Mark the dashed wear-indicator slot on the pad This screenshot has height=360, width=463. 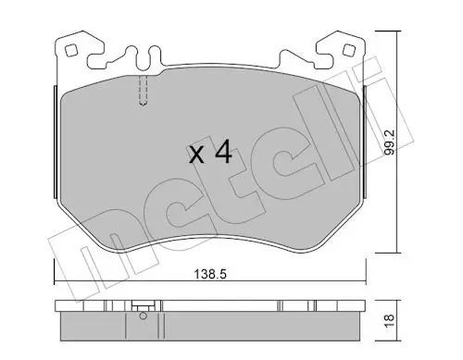144,91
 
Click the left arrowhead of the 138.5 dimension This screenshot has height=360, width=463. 58,283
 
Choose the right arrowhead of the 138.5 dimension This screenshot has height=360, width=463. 367,283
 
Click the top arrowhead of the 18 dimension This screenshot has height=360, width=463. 398,304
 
